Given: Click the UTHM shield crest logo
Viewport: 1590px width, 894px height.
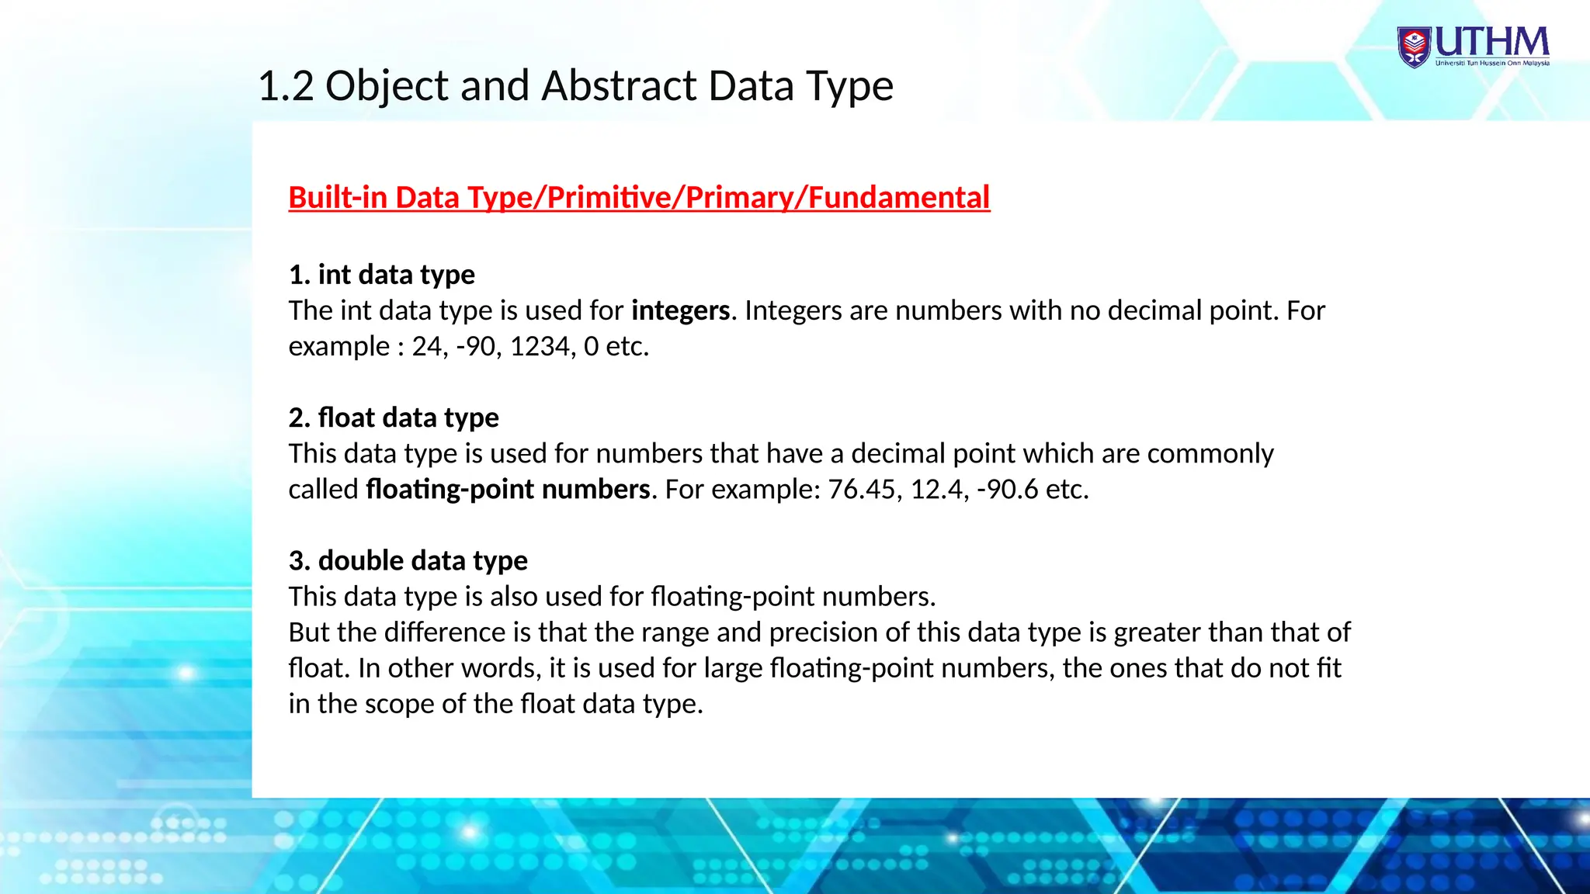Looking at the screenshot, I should tap(1415, 47).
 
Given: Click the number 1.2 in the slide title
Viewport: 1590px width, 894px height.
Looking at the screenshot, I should tap(285, 85).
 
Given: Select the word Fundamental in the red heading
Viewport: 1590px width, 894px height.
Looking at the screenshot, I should tap(899, 197).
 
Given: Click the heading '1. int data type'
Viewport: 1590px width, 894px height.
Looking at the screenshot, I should tap(381, 275).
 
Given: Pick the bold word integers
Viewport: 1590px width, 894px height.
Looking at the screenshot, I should tap(680, 310).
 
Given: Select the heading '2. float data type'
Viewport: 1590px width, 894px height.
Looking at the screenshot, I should tap(394, 418).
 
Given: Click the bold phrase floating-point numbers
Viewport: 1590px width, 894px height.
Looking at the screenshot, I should tap(508, 489).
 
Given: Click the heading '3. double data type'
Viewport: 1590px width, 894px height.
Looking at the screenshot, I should tap(408, 560).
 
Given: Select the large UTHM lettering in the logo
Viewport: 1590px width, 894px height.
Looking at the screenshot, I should tap(1491, 42).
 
